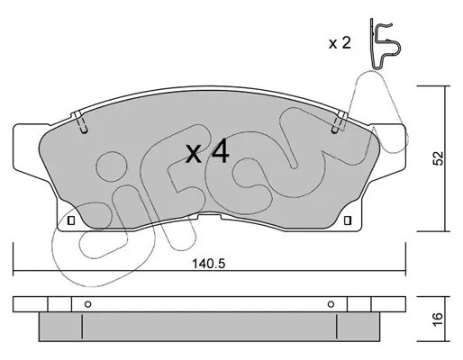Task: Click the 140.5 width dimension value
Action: (x=208, y=264)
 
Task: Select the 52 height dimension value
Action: (x=439, y=158)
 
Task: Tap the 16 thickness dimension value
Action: (x=439, y=319)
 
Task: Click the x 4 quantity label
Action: (x=208, y=153)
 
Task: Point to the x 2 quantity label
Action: (x=340, y=43)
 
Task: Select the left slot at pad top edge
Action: (x=80, y=122)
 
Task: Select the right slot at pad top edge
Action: (x=340, y=122)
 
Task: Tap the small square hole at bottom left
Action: (x=71, y=220)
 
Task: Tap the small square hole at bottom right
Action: (x=347, y=220)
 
